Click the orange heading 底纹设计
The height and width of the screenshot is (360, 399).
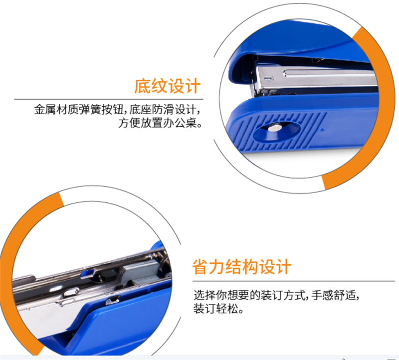pyautogui.click(x=168, y=86)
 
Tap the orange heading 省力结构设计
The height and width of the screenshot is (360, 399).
pyautogui.click(x=241, y=266)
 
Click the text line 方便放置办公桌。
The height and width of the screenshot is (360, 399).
pyautogui.click(x=160, y=123)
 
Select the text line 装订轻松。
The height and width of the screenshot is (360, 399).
pyautogui.click(x=218, y=309)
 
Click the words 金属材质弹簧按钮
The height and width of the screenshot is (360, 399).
pyautogui.click(x=79, y=110)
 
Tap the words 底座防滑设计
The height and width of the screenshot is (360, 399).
pyautogui.click(x=163, y=110)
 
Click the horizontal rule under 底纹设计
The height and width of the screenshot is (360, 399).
pyautogui.click(x=109, y=99)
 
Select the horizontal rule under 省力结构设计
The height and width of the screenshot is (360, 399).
pyautogui.click(x=294, y=281)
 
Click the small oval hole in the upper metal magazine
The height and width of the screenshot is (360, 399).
pyautogui.click(x=269, y=78)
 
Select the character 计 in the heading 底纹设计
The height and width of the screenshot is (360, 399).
pyautogui.click(x=193, y=86)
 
